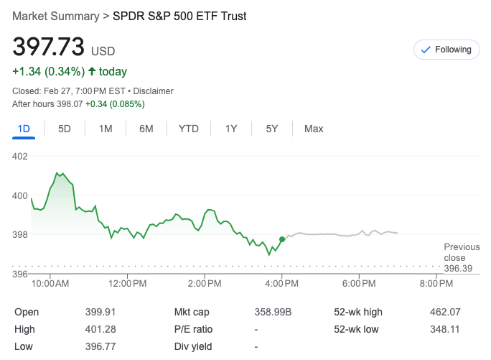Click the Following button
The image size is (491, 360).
coord(446,50)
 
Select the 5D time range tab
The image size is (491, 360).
coord(65,129)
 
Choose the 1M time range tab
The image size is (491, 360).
coord(106,129)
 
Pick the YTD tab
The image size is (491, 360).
coord(188,129)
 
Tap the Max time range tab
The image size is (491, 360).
coord(314,129)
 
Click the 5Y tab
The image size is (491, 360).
coord(272,129)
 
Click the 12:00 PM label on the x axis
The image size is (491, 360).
coord(128,285)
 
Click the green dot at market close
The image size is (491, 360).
coord(281,239)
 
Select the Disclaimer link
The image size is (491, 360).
coord(153,91)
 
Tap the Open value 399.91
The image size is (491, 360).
coord(100,312)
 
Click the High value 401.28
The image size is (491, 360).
coord(100,329)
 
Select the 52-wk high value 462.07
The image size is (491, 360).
coord(445,312)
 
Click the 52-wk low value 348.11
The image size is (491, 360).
coord(445,329)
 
